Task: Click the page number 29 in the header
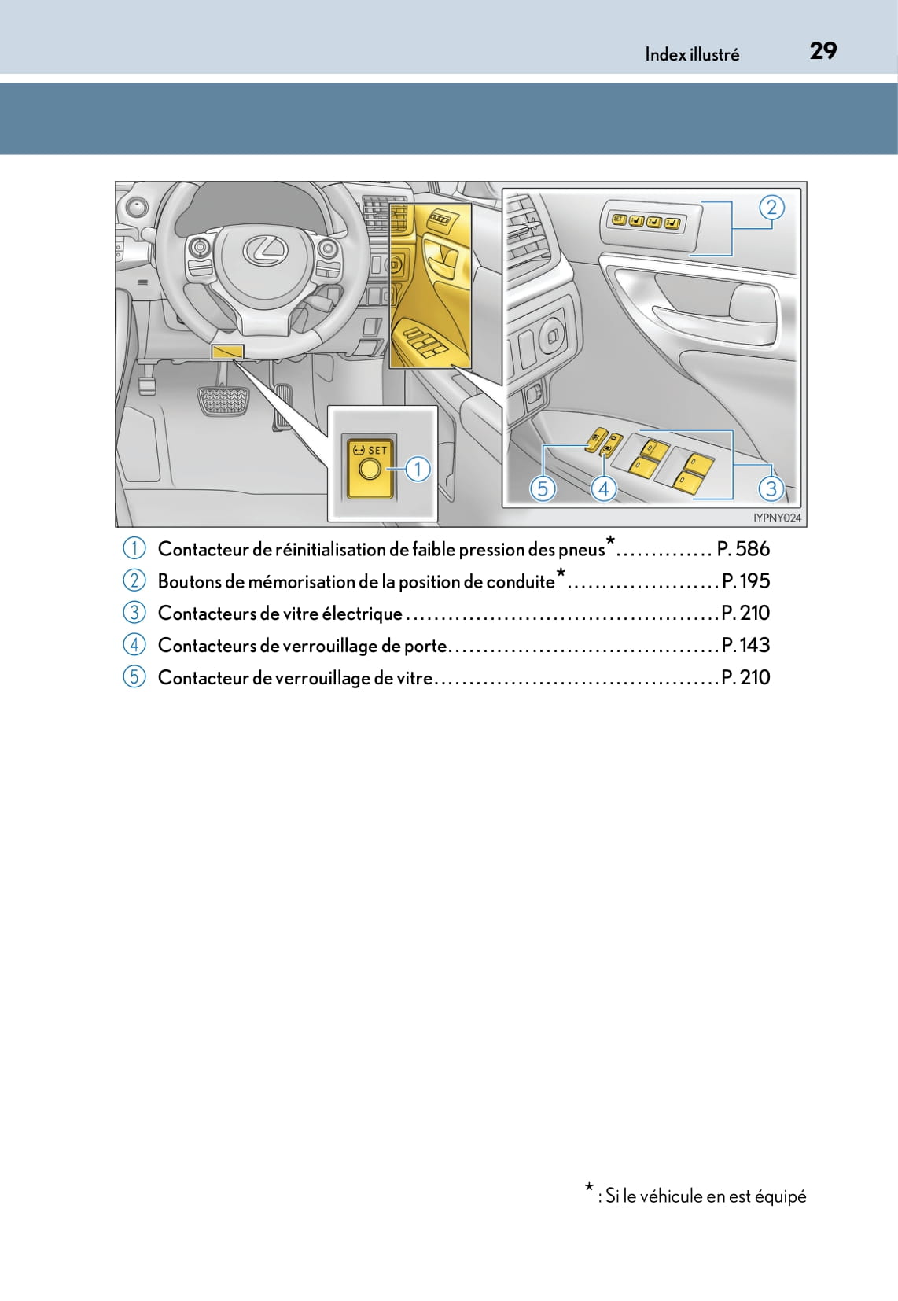pos(823,51)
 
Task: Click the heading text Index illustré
pos(692,54)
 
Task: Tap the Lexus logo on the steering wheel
pos(266,251)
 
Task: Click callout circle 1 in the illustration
pos(418,470)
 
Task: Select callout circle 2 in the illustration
pos(771,207)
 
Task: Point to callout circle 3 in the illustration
pos(771,488)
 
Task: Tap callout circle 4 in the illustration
pos(603,488)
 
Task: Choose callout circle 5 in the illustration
pos(543,488)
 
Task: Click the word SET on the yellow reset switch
pos(378,450)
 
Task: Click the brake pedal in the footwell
pos(223,400)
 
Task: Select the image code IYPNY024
pos(777,518)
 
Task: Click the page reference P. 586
pos(743,549)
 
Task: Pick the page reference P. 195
pos(745,581)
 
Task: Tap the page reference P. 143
pos(745,645)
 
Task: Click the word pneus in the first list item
pos(581,550)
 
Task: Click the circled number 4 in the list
pos(134,645)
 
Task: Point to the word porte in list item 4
pos(425,646)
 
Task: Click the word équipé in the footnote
pos(780,1196)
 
